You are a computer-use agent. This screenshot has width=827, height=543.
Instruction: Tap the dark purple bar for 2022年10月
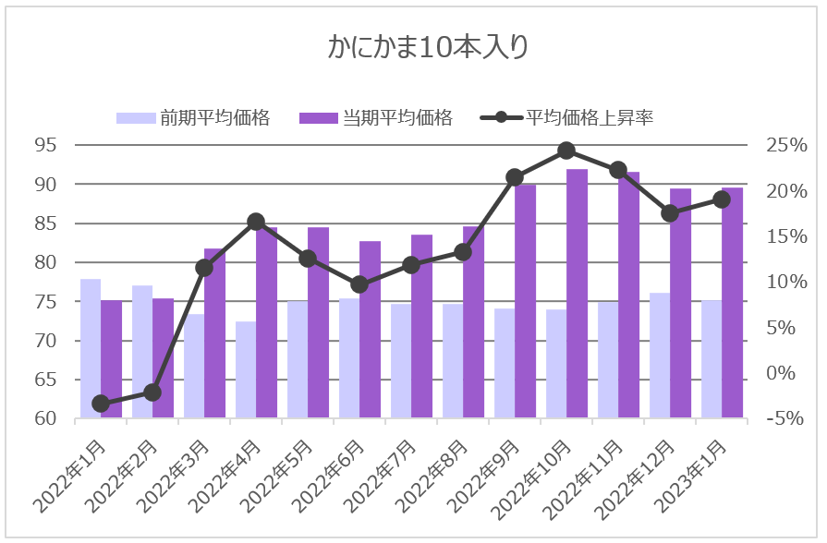click(x=577, y=294)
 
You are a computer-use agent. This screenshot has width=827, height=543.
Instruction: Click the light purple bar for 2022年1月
click(x=91, y=348)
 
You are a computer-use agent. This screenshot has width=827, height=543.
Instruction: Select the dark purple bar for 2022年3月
click(x=214, y=333)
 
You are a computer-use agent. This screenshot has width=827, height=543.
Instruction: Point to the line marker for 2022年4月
click(x=256, y=222)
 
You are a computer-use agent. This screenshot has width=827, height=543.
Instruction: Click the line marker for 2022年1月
click(x=101, y=404)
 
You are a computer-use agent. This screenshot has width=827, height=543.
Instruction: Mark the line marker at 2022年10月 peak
click(x=566, y=151)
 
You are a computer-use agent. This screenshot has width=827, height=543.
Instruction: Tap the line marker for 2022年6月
click(x=359, y=284)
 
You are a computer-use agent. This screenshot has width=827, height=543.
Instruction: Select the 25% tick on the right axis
click(x=786, y=146)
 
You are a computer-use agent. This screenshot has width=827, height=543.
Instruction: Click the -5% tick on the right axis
click(x=786, y=419)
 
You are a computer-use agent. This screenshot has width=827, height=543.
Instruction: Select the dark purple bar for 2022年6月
click(x=370, y=330)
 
